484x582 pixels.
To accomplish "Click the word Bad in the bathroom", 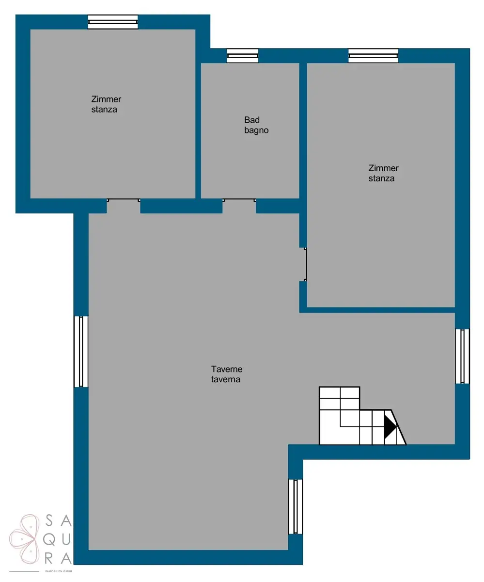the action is (252, 120).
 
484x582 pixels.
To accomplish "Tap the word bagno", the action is (256, 130).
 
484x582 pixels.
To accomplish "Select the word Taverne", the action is (227, 369).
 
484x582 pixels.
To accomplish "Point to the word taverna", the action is (226, 379).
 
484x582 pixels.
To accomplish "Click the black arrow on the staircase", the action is (390, 427).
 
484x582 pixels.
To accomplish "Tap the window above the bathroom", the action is (243, 55).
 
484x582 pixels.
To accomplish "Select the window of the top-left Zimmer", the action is (113, 22).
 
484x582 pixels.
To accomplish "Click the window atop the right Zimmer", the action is (373, 55).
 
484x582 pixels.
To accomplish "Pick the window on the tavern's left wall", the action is (81, 352).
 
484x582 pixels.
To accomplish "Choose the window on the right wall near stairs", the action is (462, 356).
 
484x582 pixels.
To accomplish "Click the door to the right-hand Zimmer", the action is (306, 264).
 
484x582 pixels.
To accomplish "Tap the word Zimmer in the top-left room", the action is (106, 99).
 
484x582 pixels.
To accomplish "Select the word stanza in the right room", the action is (381, 178).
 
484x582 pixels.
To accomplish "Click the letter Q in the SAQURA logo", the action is (49, 540).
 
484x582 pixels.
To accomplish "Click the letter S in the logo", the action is (49, 520).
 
